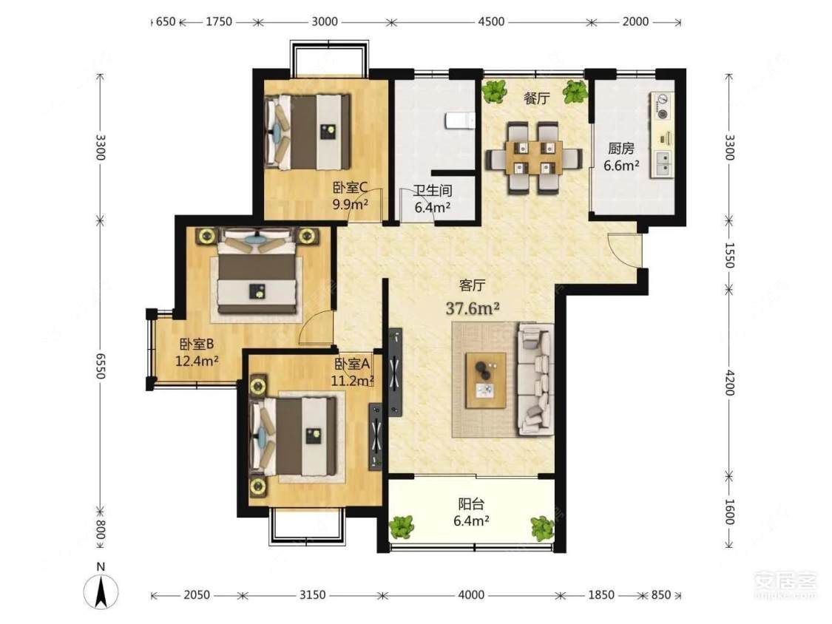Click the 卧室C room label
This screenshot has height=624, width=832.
351,187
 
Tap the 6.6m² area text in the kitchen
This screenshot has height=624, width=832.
620,166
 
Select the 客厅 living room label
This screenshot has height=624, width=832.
472,285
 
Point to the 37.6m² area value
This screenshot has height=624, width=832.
473,308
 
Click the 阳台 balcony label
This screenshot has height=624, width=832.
471,503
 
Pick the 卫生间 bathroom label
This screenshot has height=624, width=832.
433,190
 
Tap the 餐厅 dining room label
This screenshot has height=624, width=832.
536,98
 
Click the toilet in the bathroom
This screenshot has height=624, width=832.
460,121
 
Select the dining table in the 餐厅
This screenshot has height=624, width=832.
534,157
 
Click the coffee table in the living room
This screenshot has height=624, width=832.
485,380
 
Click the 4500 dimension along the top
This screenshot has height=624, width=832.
491,21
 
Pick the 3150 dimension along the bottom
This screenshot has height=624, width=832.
312,595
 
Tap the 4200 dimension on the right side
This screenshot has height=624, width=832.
730,382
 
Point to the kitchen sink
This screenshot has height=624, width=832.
663,163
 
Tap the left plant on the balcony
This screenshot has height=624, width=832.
401,527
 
